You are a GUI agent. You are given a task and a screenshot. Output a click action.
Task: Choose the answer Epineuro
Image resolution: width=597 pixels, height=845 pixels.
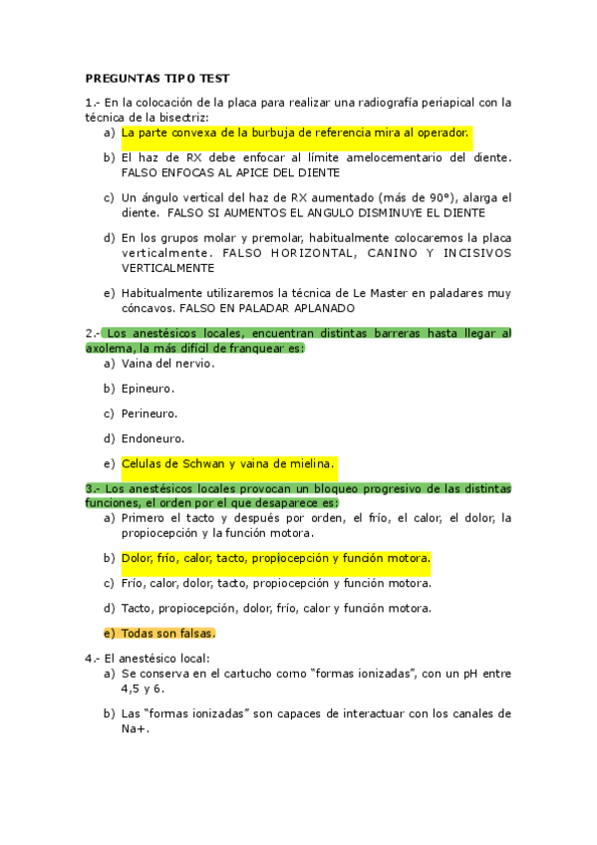point(148,388)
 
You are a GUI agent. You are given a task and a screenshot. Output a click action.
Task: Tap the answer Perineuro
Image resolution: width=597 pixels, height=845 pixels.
point(149,413)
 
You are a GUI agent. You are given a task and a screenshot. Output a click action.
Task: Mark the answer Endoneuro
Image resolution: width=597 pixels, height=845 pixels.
point(152,437)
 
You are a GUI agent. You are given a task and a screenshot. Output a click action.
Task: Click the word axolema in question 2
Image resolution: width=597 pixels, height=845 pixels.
point(111,348)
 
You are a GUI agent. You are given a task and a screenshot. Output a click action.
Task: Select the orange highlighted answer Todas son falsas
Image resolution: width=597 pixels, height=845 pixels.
point(168,633)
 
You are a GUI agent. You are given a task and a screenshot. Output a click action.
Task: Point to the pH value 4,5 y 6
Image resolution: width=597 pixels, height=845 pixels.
point(143,689)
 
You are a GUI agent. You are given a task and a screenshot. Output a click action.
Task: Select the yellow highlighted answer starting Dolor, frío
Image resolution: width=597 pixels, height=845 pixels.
point(275,558)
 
